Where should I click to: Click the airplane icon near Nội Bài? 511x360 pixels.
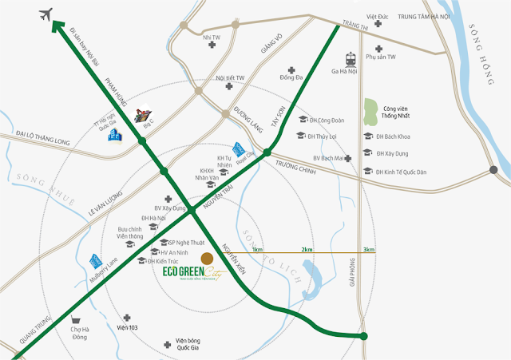point(46,14)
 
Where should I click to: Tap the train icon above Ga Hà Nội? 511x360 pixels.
point(351,59)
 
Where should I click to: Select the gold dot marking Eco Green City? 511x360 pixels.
point(206,258)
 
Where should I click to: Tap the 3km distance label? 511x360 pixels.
point(369,249)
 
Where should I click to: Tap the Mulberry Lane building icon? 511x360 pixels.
point(97,260)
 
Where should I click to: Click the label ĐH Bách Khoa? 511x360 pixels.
point(392,136)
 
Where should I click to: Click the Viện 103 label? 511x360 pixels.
point(128,327)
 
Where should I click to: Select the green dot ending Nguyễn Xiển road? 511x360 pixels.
point(364,336)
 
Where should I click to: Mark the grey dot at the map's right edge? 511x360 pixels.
point(494,169)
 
